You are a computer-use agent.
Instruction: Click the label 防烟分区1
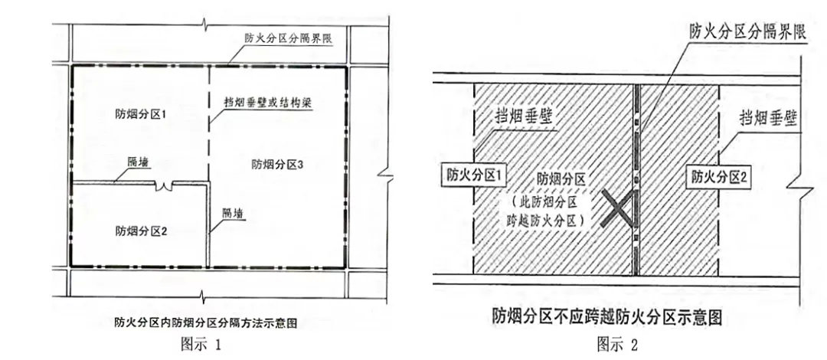tap(141, 113)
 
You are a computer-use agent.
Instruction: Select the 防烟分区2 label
tap(141, 230)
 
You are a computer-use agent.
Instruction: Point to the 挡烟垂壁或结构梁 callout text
tap(265, 100)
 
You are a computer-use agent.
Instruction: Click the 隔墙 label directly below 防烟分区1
tap(139, 162)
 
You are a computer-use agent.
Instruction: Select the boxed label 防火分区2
tap(717, 175)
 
